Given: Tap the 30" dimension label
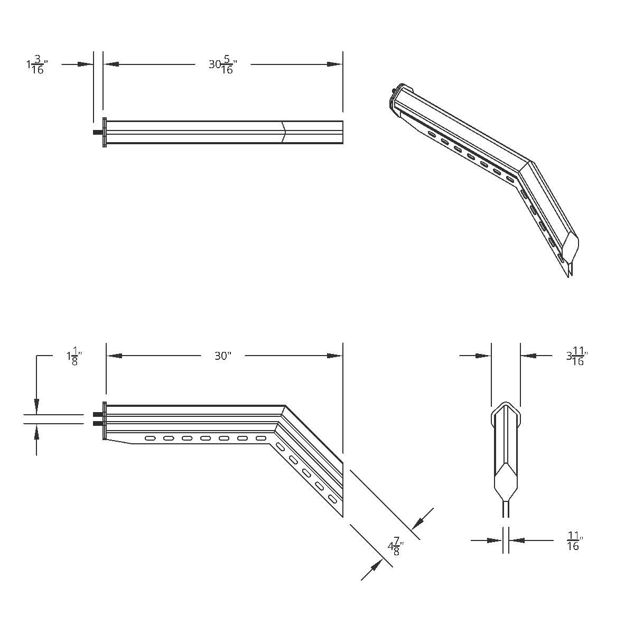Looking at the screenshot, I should pyautogui.click(x=222, y=356).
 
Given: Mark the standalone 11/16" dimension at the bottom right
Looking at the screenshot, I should pyautogui.click(x=574, y=541).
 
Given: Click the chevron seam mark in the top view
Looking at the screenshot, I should pyautogui.click(x=284, y=132).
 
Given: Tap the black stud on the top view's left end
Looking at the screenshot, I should pyautogui.click(x=97, y=132).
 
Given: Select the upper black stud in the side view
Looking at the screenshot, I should pyautogui.click(x=97, y=415).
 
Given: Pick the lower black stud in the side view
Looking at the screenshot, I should pyautogui.click(x=97, y=423).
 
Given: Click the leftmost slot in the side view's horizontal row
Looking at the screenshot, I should pyautogui.click(x=151, y=438).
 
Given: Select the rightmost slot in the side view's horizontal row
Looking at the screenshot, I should pyautogui.click(x=260, y=438).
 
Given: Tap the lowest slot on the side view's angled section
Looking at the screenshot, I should pyautogui.click(x=332, y=499).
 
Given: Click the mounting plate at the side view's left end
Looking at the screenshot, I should pyautogui.click(x=105, y=421).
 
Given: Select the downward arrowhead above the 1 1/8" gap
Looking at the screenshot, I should pyautogui.click(x=36, y=407).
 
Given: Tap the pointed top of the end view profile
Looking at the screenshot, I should pyautogui.click(x=506, y=405).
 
